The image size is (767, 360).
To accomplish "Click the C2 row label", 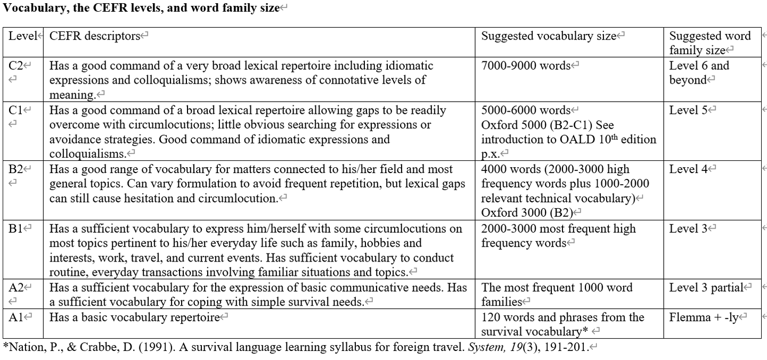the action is click(16, 66).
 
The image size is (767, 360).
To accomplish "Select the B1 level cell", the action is click(16, 229).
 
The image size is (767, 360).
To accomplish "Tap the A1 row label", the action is click(16, 317).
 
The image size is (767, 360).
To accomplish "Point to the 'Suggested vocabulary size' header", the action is click(549, 36).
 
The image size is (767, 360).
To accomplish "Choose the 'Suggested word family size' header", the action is click(709, 43).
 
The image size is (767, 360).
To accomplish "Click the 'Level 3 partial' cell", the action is click(706, 288).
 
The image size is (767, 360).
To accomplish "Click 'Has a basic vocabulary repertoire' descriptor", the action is click(134, 317).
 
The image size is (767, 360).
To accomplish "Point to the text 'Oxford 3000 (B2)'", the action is click(527, 212).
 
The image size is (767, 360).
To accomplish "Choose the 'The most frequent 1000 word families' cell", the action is click(557, 294).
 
